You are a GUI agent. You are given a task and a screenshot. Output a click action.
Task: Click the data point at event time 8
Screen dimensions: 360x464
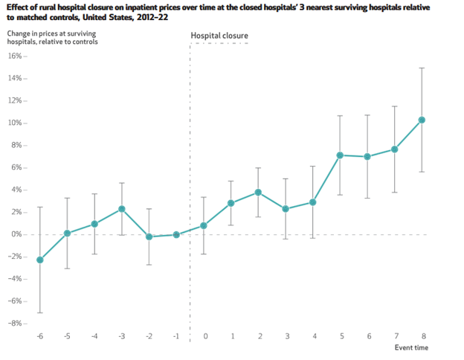tap(422, 120)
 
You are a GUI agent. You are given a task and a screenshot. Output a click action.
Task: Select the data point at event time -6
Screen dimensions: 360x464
tap(39, 260)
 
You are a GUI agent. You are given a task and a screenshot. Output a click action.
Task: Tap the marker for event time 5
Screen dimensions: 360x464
tap(340, 155)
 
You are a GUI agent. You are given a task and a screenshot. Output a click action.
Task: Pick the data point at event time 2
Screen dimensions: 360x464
tap(258, 192)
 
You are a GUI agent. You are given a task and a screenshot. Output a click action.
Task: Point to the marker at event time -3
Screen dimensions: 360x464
tap(122, 209)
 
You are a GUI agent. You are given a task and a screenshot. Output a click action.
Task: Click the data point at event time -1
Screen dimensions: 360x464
tap(176, 234)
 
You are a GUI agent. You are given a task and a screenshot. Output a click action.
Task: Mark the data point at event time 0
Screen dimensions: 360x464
tap(204, 225)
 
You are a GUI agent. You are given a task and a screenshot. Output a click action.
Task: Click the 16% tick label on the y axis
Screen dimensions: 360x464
tap(15, 56)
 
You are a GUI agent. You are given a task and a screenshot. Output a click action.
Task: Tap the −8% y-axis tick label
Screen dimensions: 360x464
tap(15, 324)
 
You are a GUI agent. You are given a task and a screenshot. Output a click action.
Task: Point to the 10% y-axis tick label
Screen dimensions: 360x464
tap(15, 123)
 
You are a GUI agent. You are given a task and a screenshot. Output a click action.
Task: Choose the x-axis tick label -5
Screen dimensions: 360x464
tap(67, 336)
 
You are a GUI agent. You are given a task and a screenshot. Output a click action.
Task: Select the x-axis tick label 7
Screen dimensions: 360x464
tap(395, 336)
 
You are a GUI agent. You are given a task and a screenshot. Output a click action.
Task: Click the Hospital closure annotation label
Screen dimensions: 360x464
tap(219, 36)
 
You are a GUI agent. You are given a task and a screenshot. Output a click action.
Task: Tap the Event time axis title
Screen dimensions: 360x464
tap(411, 347)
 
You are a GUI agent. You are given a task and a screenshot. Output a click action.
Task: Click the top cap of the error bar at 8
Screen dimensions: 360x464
tap(422, 68)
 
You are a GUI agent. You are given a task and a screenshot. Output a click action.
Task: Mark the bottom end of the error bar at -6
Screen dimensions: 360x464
tap(39, 312)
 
